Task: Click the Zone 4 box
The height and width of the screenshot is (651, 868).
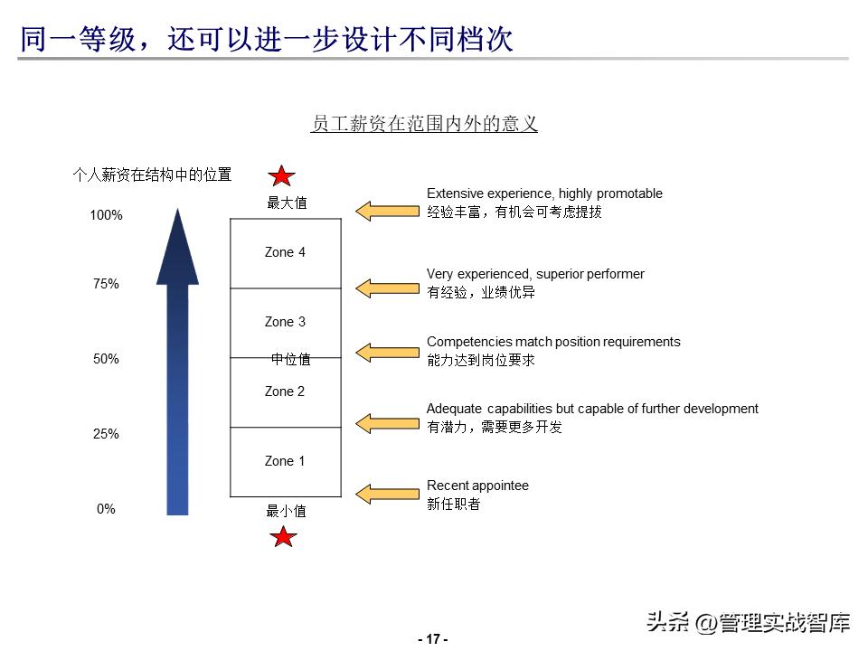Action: tap(286, 253)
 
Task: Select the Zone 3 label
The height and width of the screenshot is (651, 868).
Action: tap(285, 322)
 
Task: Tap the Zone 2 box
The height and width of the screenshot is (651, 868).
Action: tap(286, 392)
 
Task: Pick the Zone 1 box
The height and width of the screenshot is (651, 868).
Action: tap(286, 462)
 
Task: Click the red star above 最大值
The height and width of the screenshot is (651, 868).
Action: tap(282, 176)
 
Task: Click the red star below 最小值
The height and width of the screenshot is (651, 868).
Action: tap(284, 538)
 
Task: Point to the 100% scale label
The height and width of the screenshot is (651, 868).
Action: tap(106, 215)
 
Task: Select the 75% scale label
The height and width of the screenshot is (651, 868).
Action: tap(106, 284)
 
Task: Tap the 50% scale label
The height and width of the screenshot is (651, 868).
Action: tap(106, 359)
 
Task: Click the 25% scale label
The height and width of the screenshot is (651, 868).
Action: tap(106, 434)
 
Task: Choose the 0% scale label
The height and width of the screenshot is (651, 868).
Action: tap(106, 509)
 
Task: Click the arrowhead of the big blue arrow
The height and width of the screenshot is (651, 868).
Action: tap(177, 249)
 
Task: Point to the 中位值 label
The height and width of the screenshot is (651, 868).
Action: tap(291, 359)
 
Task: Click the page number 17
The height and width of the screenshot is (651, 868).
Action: tap(433, 639)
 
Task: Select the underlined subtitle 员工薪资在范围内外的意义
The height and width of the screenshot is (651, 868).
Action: tap(424, 124)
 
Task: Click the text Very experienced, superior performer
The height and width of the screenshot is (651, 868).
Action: tap(535, 274)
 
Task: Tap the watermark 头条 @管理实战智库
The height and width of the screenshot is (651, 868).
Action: tap(748, 622)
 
